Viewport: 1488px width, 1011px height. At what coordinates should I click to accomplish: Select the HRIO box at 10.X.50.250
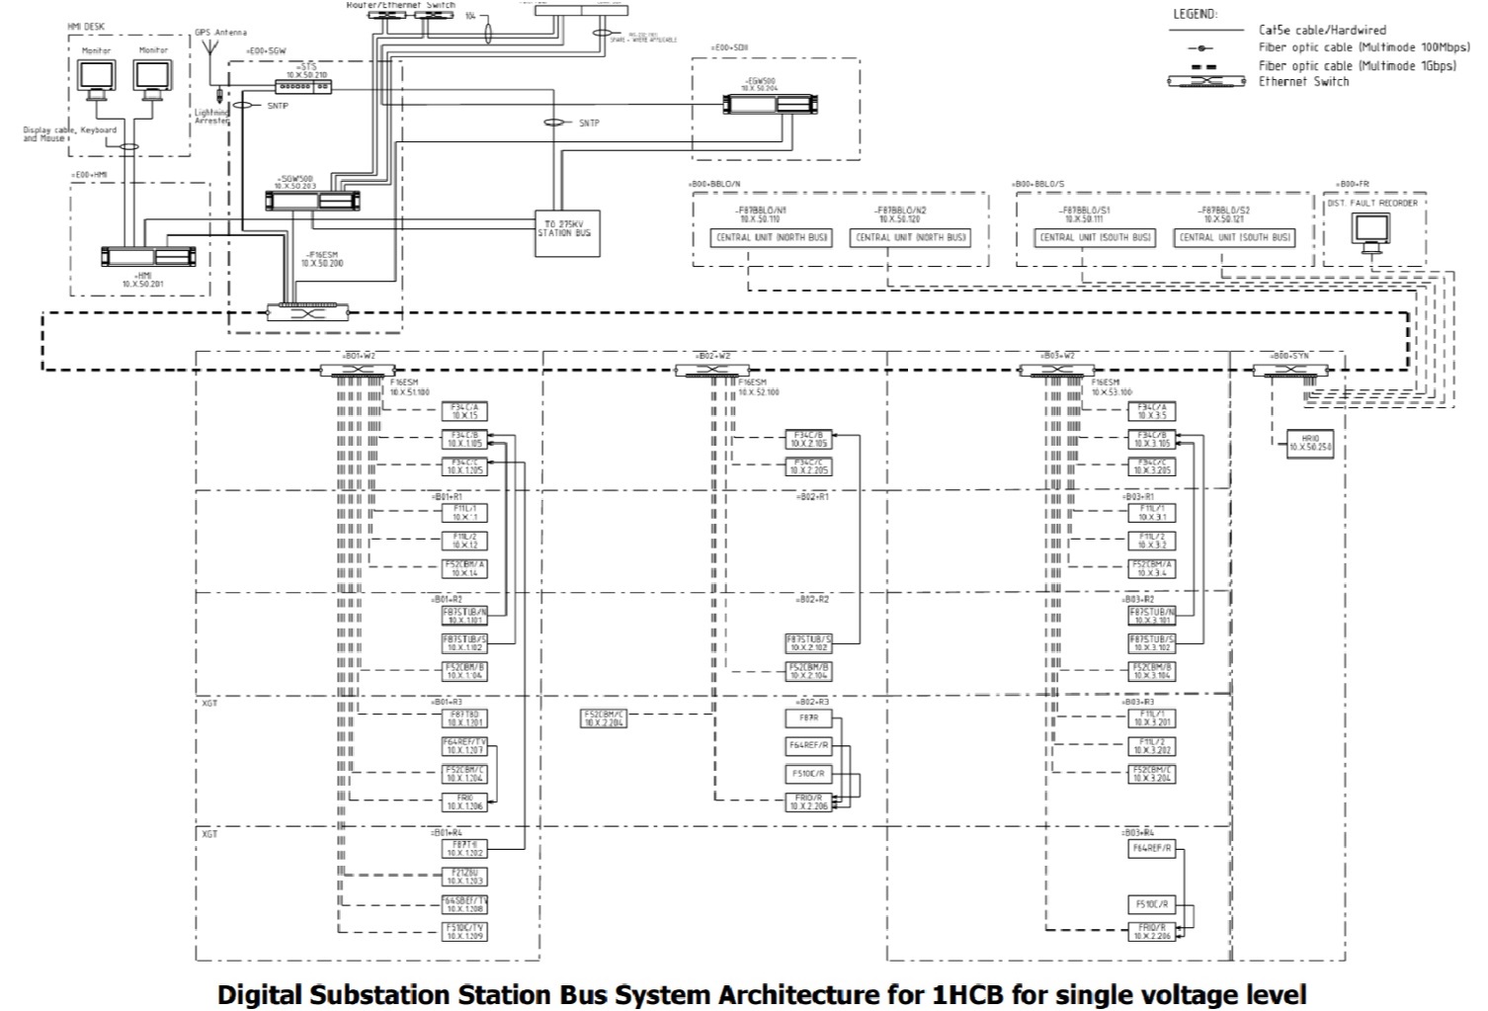pos(1310,444)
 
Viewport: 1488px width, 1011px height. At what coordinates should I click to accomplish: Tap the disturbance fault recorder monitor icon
pos(1371,232)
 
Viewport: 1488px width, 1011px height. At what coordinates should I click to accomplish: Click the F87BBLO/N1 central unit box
pos(771,238)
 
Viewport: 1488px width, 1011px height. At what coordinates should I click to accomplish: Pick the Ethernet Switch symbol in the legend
pos(1205,81)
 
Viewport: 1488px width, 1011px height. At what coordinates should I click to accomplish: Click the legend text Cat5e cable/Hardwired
pos(1322,31)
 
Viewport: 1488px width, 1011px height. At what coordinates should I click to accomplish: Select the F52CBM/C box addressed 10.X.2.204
pos(604,718)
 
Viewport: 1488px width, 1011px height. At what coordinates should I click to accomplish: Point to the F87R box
pos(809,718)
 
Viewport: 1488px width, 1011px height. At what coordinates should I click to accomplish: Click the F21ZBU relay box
pos(464,876)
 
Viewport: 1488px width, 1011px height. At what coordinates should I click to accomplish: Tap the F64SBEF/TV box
pos(464,903)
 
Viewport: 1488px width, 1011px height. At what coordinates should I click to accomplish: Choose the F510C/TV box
pos(464,931)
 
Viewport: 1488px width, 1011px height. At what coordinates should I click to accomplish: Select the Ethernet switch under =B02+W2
pos(711,371)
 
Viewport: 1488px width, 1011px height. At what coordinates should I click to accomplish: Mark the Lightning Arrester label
pos(211,116)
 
